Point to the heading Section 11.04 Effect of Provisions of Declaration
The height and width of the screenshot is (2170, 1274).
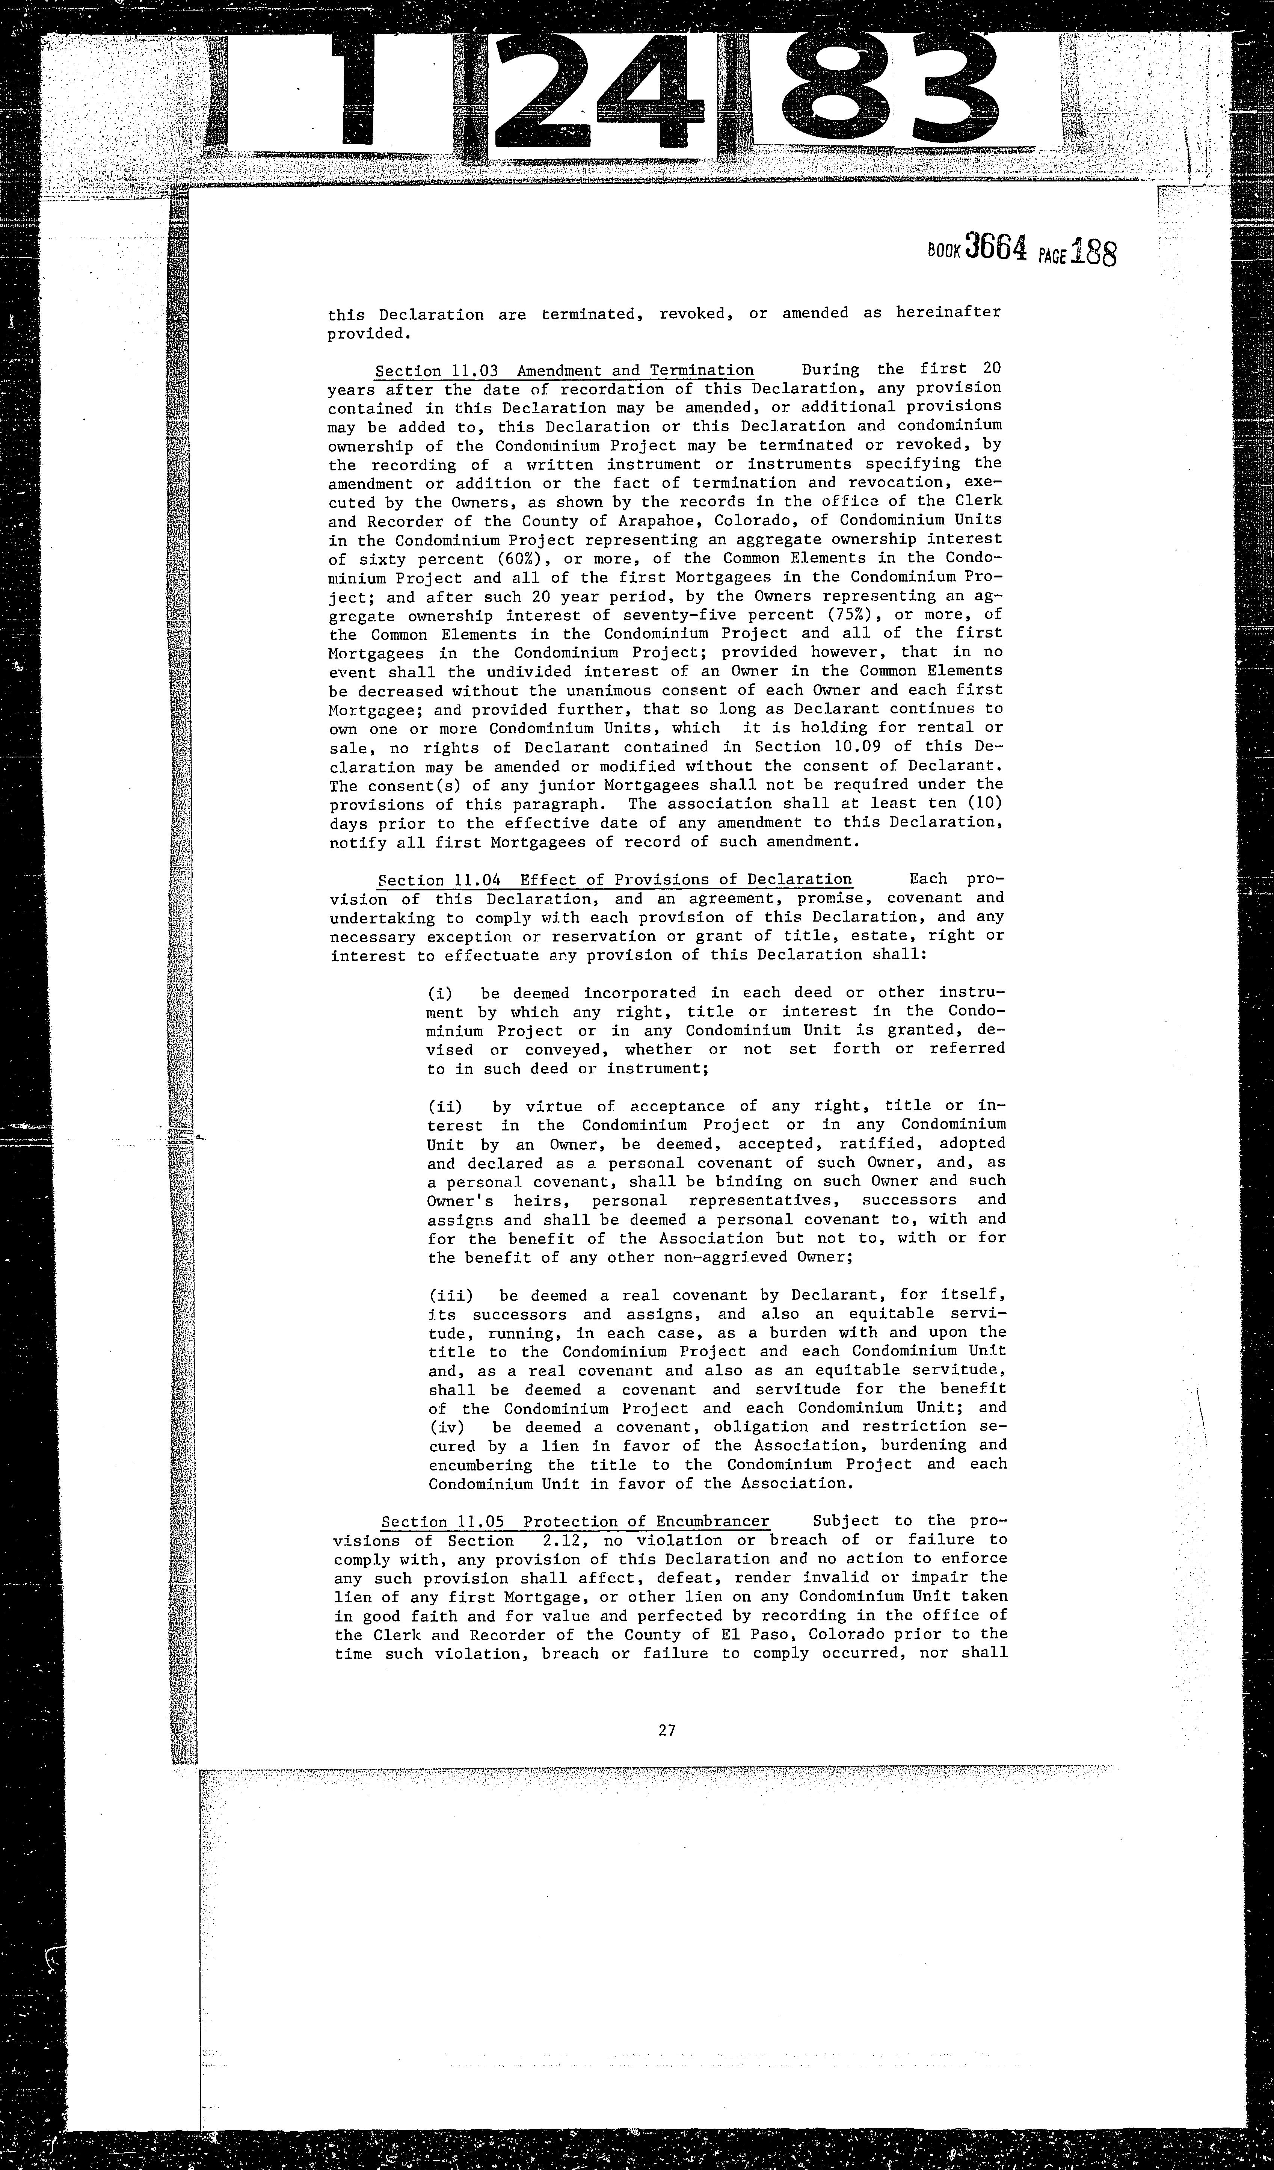click(614, 879)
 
